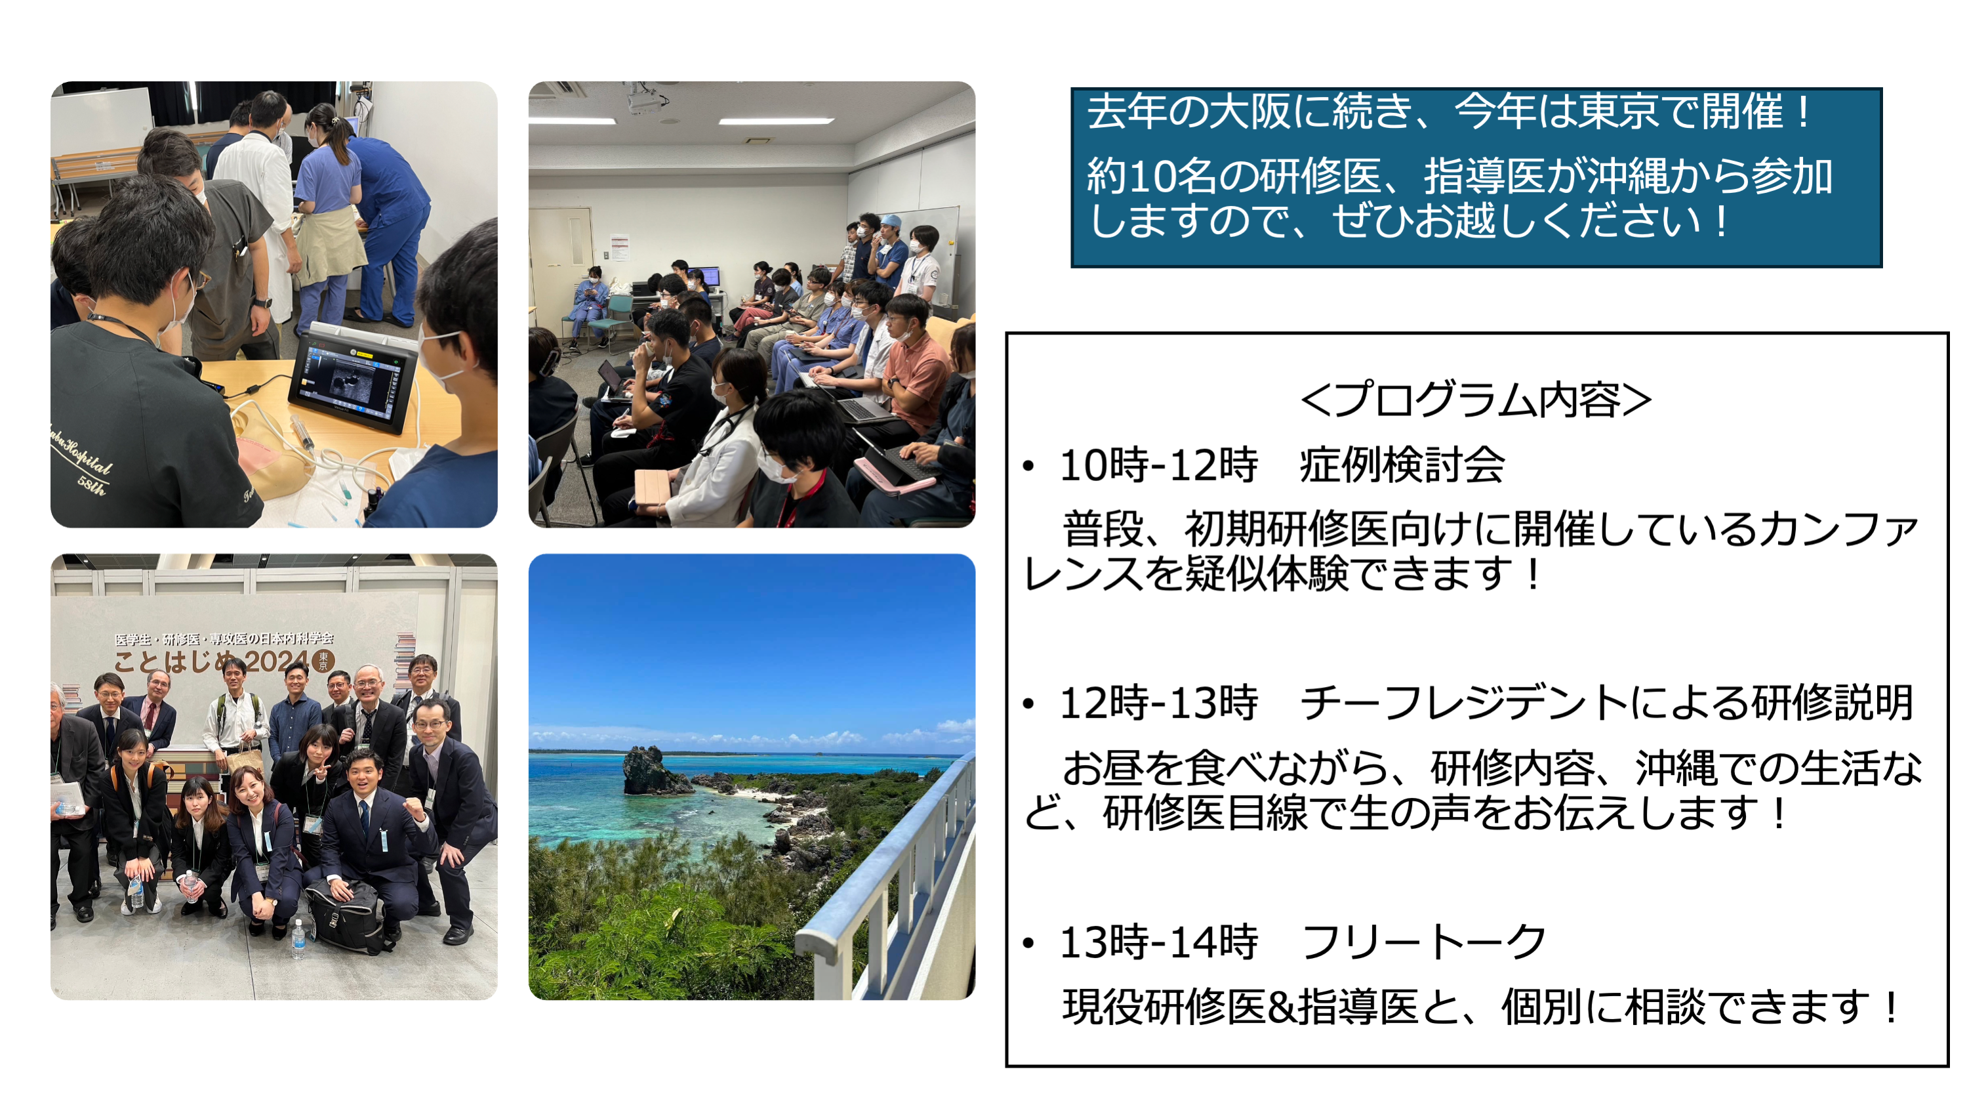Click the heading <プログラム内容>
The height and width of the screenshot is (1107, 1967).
1475,400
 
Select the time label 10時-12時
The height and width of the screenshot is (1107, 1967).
1158,465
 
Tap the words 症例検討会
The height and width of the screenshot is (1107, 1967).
1402,465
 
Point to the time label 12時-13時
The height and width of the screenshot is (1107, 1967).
1158,703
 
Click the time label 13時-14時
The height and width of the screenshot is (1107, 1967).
1158,941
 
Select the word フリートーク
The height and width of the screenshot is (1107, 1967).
1424,941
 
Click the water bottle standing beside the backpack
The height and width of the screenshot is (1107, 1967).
298,938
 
